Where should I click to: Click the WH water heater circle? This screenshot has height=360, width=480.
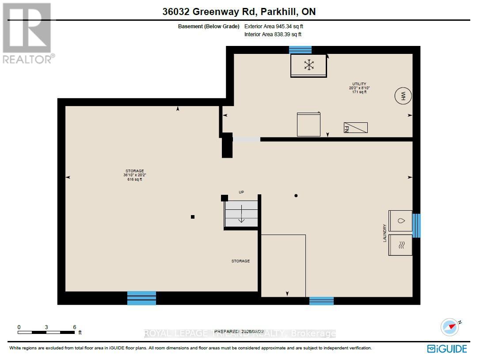(403, 96)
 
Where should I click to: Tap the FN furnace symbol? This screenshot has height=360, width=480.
(355, 128)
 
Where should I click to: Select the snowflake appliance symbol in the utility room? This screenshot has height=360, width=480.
(309, 65)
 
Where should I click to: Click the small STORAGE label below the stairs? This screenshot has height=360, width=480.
(240, 261)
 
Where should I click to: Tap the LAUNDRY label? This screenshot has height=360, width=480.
(385, 233)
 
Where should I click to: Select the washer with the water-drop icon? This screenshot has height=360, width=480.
(400, 221)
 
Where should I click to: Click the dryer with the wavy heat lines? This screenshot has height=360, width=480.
(400, 245)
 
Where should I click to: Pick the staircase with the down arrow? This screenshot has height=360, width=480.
(241, 214)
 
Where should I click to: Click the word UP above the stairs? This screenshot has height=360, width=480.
(241, 192)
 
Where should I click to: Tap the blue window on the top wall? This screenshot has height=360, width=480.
(300, 50)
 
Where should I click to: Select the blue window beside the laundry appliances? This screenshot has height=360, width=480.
(416, 225)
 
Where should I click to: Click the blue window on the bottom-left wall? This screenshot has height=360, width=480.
(141, 298)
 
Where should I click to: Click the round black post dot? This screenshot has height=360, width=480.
(296, 196)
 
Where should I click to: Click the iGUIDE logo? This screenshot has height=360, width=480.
(447, 349)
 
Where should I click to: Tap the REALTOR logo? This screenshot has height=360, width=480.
(28, 33)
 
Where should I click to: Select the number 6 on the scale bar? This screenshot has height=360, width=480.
(74, 327)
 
